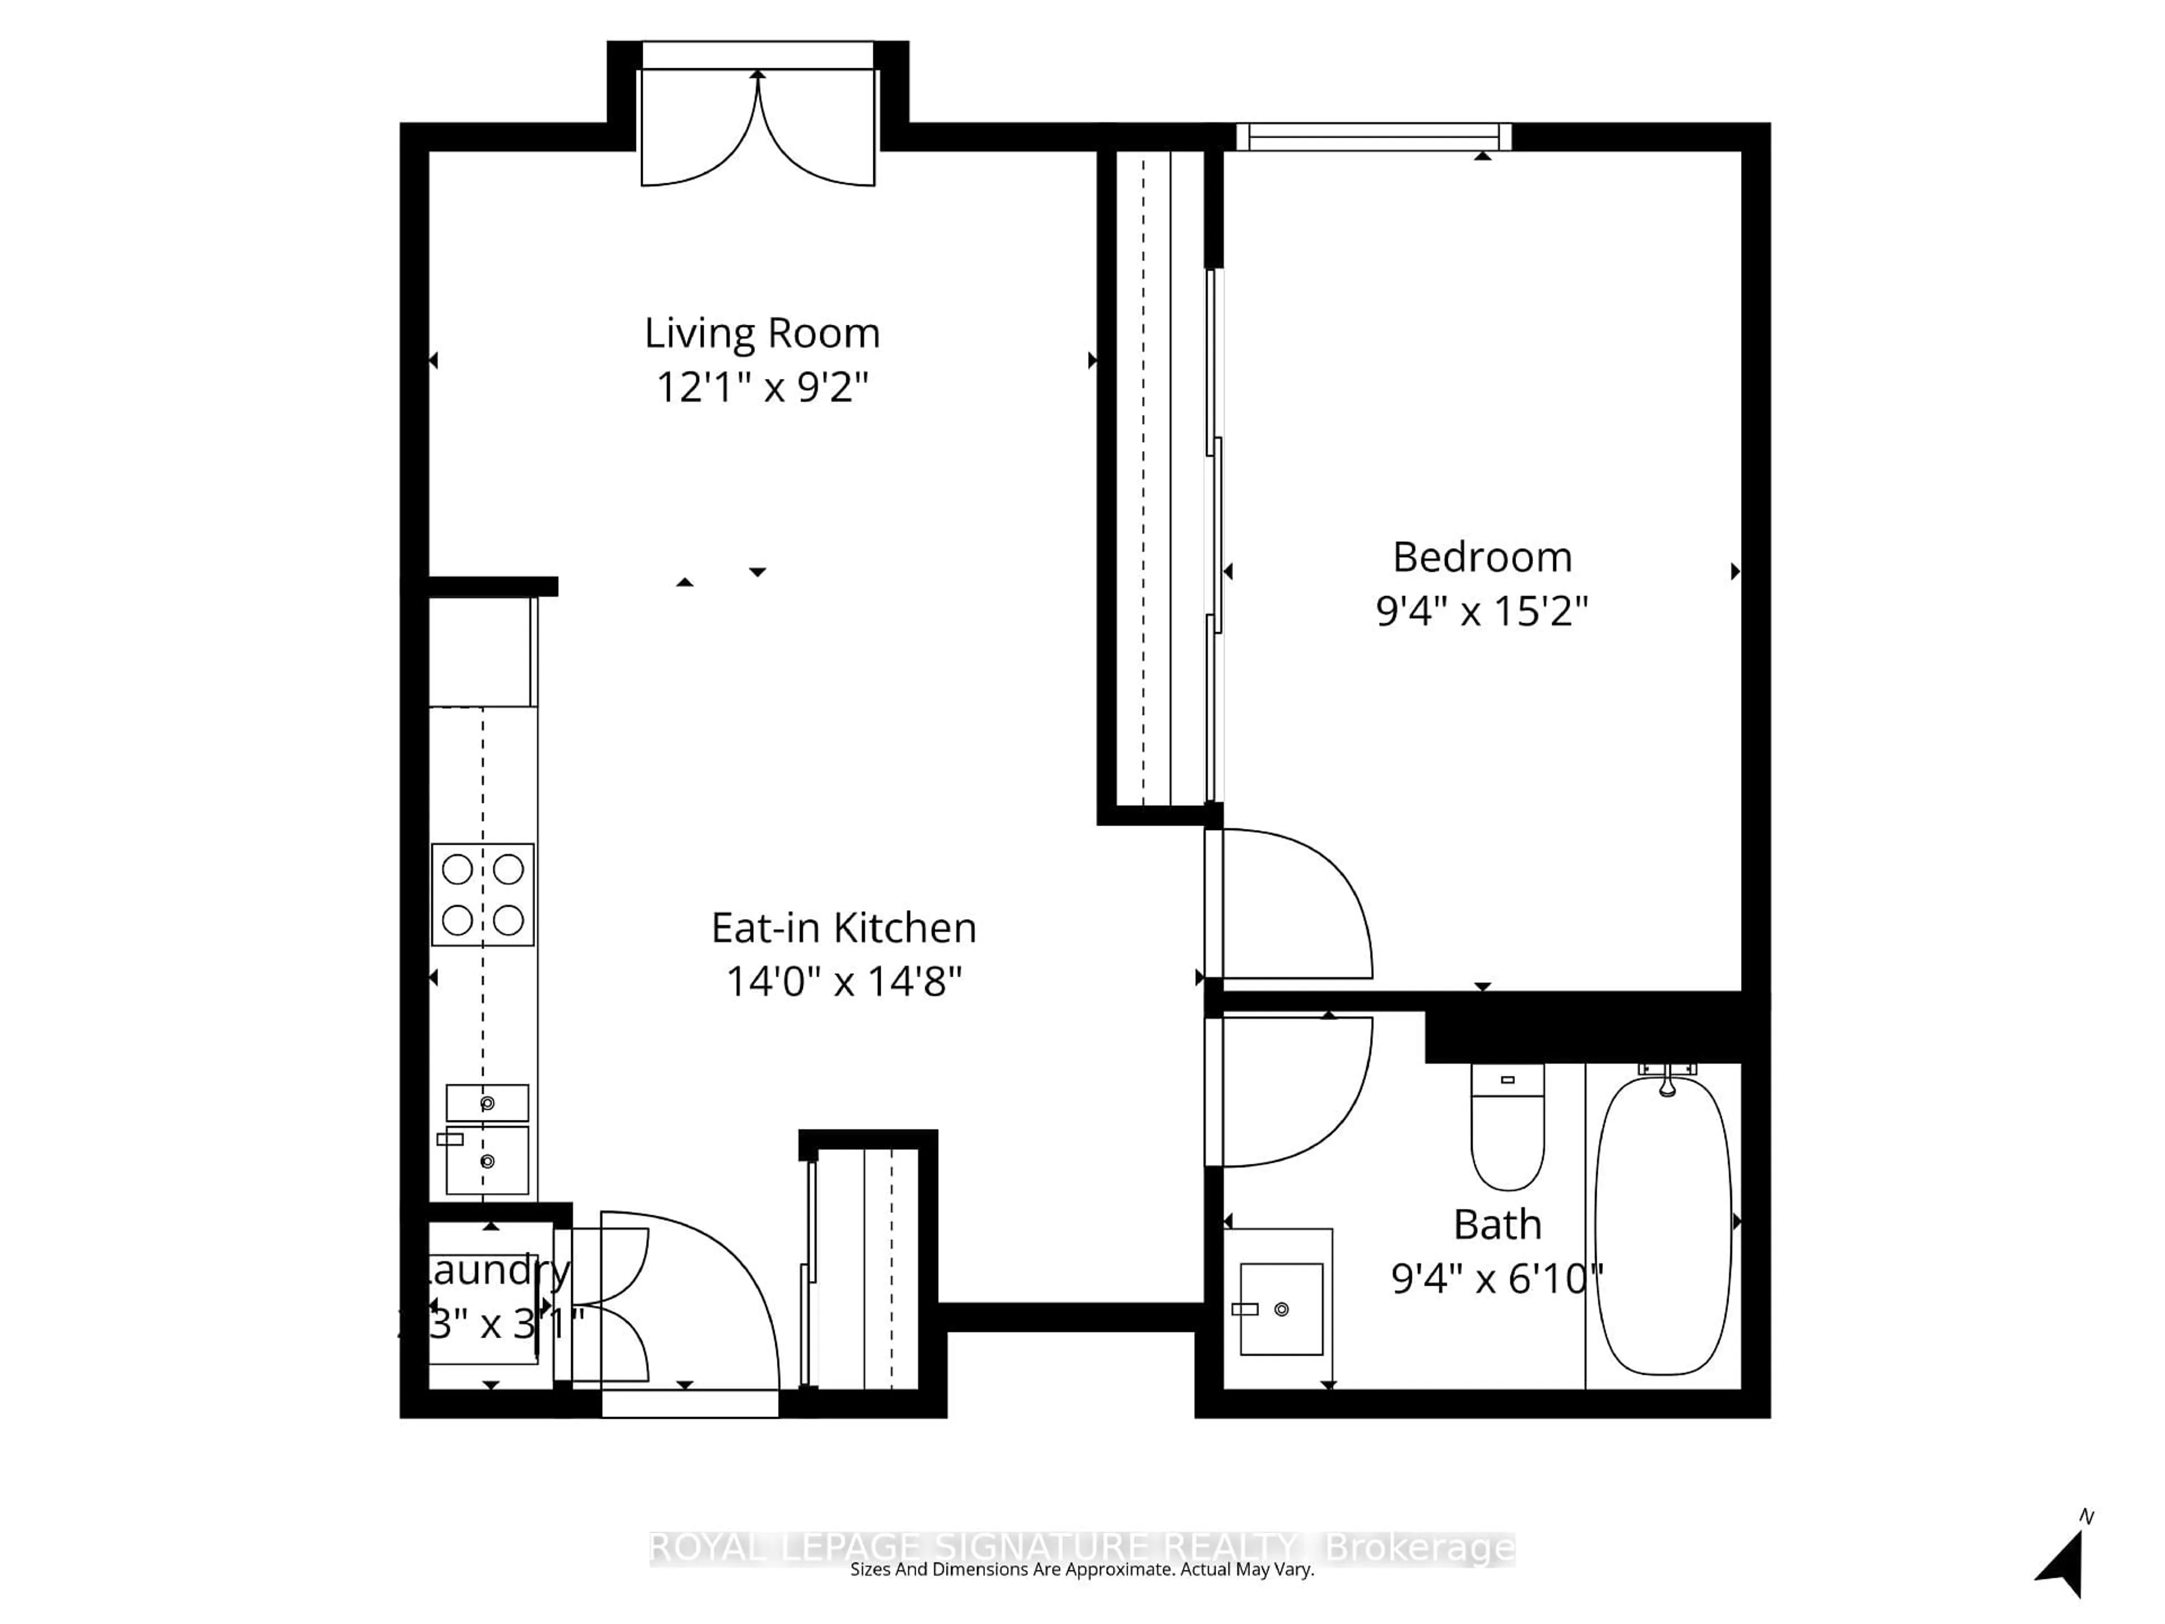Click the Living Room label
[762, 334]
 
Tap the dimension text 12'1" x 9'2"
[762, 387]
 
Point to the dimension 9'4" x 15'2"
[1482, 612]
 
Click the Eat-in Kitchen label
[843, 928]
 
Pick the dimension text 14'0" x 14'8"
[843, 982]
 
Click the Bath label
[1496, 1225]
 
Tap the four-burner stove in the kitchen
[483, 895]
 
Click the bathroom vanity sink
[1280, 1309]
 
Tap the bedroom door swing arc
[1302, 901]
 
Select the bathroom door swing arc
[1302, 1092]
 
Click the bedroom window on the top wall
[1374, 137]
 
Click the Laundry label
[494, 1270]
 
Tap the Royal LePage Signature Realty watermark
[1081, 1548]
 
